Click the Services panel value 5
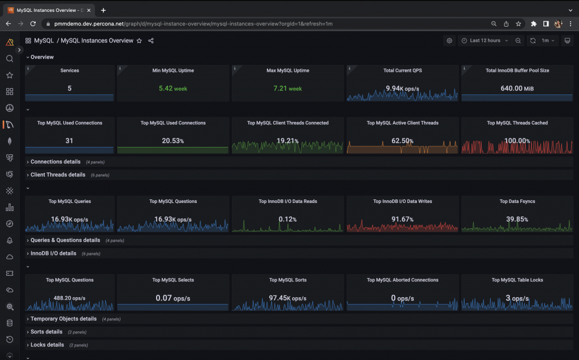[69, 88]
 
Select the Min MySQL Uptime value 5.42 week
[173, 88]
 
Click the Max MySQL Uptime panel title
[288, 71]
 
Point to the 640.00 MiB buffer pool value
[517, 88]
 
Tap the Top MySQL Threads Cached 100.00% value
[517, 141]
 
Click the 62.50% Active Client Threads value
[402, 141]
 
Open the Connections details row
[55, 162]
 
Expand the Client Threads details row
[58, 175]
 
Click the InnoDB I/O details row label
[53, 253]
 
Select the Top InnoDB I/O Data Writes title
[402, 201]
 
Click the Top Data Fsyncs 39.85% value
[517, 219]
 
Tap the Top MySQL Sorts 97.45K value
[288, 298]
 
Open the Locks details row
[47, 345]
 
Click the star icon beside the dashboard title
[139, 41]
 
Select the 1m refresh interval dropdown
[547, 41]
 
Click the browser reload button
[33, 24]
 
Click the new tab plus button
[103, 10]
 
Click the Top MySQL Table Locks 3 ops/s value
[517, 298]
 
